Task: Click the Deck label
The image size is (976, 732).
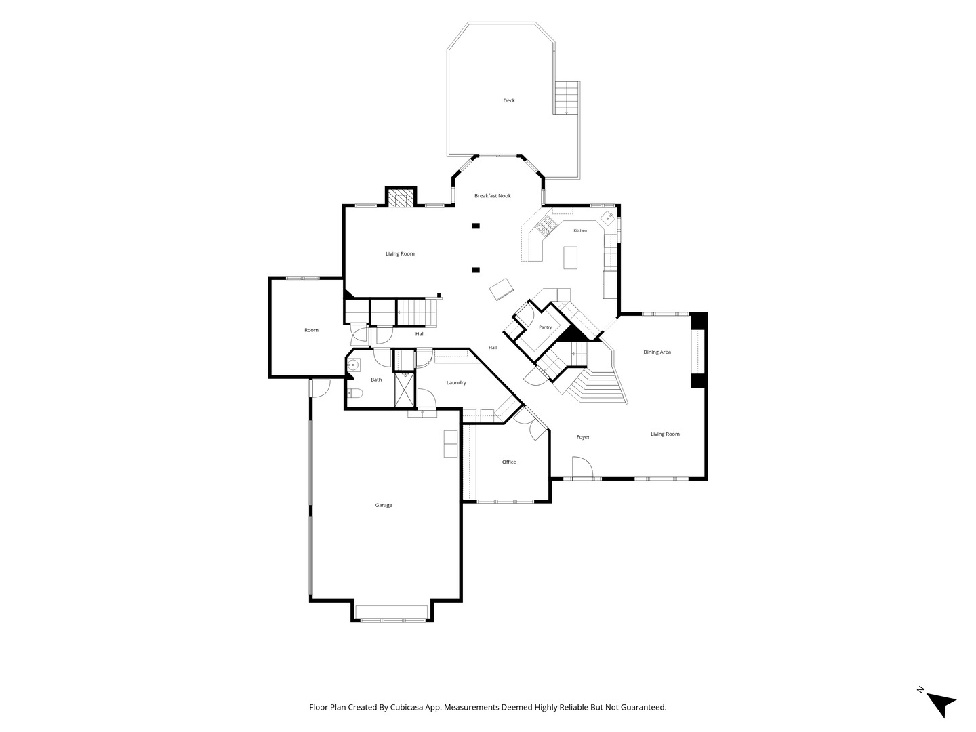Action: click(509, 100)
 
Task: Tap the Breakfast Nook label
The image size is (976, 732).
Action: click(492, 196)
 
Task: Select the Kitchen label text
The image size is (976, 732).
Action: click(579, 230)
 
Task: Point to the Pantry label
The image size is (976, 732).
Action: click(545, 327)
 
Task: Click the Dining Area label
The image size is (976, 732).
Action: click(657, 352)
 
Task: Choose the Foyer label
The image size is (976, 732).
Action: click(583, 437)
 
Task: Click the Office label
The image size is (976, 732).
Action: click(509, 462)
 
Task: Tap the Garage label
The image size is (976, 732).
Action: click(384, 505)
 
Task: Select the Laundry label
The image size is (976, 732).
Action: click(456, 383)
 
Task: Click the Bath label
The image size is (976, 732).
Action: click(376, 380)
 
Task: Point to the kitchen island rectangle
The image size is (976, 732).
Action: click(570, 258)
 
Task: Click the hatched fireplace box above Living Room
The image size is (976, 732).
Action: click(400, 199)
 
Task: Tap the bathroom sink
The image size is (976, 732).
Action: click(354, 365)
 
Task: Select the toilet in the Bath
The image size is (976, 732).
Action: click(355, 393)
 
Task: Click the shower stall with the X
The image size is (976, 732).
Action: click(404, 389)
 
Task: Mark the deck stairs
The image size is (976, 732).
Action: click(567, 98)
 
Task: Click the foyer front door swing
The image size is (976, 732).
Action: click(582, 467)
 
